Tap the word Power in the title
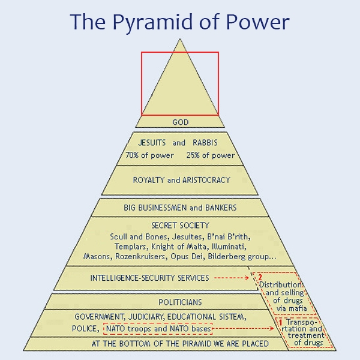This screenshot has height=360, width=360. point(257,22)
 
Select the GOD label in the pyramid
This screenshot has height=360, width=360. point(181,122)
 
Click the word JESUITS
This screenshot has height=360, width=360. point(152,143)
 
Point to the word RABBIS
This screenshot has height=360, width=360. point(205,143)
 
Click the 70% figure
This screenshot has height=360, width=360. point(132,155)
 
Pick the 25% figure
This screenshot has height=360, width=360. point(193,155)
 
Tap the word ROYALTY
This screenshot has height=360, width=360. point(149,180)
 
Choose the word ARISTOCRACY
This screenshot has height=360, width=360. point(206,180)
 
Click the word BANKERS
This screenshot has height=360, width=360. point(221,208)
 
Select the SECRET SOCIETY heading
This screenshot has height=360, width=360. point(180,225)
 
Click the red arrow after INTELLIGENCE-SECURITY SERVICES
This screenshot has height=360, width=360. point(232,278)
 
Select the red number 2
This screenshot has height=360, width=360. point(260,277)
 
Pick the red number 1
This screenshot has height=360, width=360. point(280,323)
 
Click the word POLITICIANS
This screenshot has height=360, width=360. point(180,302)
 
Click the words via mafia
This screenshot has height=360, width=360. point(292,308)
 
